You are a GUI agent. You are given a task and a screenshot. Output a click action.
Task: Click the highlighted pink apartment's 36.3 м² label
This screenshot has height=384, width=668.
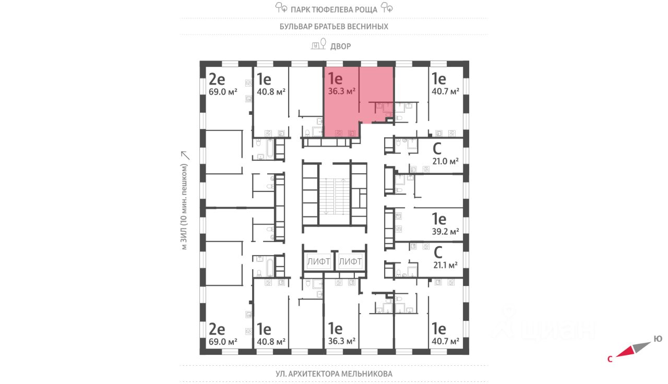click(342, 90)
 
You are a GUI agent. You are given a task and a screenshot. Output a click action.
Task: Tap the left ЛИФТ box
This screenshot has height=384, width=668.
click(318, 261)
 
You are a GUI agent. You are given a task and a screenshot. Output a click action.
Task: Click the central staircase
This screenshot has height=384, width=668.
click(334, 196)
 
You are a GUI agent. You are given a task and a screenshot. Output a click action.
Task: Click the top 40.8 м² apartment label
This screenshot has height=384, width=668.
click(271, 91)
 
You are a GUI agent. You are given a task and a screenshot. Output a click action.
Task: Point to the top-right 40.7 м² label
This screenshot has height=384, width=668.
click(445, 91)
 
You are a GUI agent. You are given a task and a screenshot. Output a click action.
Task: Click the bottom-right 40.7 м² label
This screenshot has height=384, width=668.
click(445, 341)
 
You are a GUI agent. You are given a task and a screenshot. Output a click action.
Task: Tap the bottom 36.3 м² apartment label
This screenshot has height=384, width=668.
click(342, 341)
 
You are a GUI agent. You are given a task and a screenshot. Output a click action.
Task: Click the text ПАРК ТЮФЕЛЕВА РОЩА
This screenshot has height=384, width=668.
click(334, 8)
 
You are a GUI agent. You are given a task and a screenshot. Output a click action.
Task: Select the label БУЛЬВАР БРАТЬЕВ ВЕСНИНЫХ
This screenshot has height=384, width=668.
click(334, 26)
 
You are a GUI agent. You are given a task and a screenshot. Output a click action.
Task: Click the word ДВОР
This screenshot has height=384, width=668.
click(340, 46)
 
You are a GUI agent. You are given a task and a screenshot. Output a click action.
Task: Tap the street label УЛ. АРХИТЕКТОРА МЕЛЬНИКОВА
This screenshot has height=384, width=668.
click(334, 374)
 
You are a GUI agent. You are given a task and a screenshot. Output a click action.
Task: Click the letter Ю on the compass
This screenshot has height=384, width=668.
click(658, 339)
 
